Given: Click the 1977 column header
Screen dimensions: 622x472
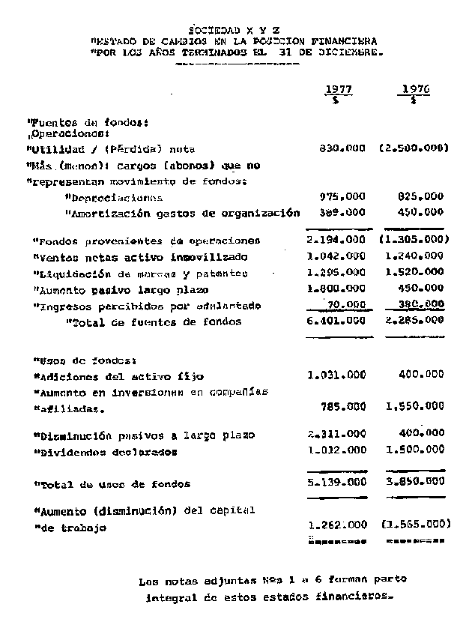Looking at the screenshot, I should tap(338, 90).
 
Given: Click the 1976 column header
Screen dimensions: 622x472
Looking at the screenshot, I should tap(414, 90).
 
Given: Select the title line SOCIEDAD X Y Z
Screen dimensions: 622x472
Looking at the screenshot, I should tap(234, 29).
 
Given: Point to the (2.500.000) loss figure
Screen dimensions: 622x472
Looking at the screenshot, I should tap(414, 148).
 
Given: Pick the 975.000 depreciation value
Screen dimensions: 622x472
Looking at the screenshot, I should tap(342, 197).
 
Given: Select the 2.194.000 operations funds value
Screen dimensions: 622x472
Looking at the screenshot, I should tap(336, 241).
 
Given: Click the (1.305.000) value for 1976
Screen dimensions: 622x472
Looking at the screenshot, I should tap(414, 241).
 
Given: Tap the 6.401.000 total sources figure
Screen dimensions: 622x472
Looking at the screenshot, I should tap(336, 321).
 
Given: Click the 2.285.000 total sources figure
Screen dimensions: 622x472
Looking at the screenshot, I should tap(414, 321).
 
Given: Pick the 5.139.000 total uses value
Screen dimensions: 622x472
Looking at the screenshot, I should tap(336, 484).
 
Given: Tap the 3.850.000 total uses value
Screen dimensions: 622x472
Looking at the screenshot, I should tap(414, 484).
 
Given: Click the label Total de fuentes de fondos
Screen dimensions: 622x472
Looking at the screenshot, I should tap(154, 322).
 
